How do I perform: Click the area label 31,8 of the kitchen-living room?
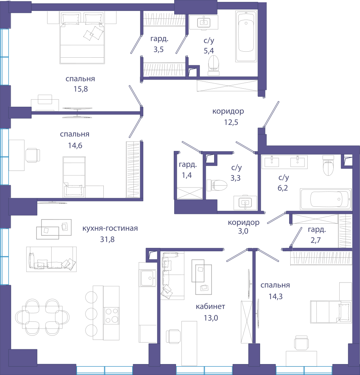107,239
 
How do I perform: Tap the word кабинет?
210,306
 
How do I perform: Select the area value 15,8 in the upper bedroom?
81,89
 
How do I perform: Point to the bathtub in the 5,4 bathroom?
246,36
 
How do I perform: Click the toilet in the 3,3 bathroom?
217,185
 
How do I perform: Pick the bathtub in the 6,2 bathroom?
326,199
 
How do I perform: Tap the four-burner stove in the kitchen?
112,315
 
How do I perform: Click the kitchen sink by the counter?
148,278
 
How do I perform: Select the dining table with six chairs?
42,317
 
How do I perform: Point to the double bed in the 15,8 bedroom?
82,38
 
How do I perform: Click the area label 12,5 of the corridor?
231,122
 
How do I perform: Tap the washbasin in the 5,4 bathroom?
204,22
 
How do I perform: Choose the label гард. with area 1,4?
188,164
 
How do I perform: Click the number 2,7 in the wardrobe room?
316,240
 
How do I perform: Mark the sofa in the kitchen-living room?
51,259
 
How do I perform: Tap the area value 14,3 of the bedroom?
276,297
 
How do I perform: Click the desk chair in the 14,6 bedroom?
32,155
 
